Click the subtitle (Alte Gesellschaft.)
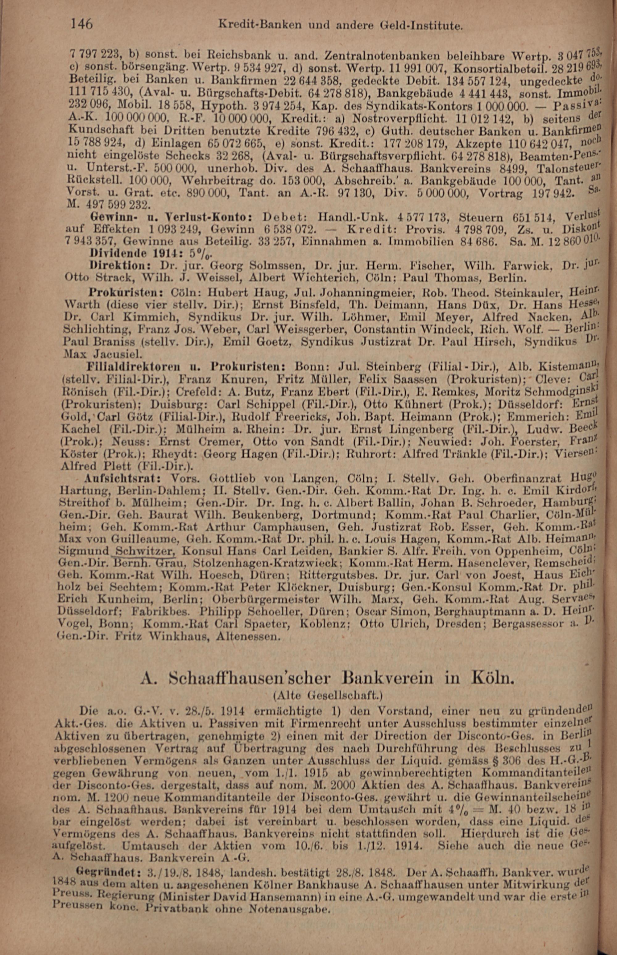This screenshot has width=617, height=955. [326, 696]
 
